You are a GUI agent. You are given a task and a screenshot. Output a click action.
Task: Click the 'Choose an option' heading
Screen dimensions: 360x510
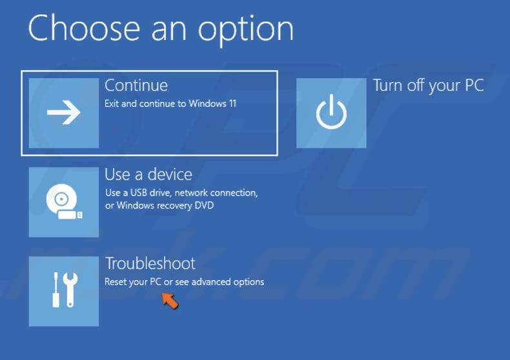pos(161,28)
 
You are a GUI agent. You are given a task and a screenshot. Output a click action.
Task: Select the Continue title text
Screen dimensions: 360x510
pos(136,85)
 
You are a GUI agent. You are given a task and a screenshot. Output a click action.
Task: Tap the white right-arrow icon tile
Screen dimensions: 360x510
pos(64,113)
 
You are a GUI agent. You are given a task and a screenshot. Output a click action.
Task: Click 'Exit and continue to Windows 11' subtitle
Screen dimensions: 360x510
pos(170,103)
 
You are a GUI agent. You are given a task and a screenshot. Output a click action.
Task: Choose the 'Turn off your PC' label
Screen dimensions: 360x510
pos(428,85)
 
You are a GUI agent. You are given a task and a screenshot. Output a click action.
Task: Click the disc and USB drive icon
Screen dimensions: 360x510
pos(64,202)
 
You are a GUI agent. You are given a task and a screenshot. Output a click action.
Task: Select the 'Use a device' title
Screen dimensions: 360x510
pos(148,174)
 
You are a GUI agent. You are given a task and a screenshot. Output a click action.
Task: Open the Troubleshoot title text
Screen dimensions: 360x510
pos(150,263)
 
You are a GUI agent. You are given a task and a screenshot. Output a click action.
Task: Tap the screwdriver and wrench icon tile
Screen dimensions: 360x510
pos(64,291)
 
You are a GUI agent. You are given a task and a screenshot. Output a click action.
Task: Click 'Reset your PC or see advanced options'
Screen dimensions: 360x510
pos(184,282)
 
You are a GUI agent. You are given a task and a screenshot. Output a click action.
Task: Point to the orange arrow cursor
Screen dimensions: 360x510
pos(169,300)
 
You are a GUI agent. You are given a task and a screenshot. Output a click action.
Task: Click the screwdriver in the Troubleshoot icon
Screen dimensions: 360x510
pos(56,290)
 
